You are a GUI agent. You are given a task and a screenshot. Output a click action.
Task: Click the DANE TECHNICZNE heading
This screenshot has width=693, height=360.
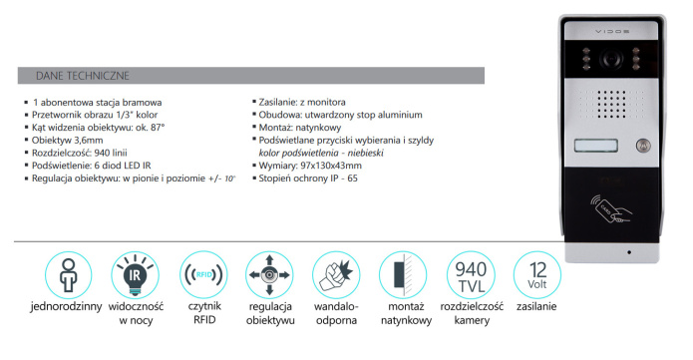coord(81,75)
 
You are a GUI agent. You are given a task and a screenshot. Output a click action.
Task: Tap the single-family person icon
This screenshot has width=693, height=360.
coord(68,274)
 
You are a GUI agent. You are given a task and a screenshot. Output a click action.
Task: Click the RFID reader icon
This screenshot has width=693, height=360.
coord(202,274)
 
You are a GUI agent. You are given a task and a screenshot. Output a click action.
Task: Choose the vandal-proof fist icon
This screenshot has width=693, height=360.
coord(336,274)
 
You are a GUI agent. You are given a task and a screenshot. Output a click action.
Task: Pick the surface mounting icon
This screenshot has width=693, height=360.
coord(404,274)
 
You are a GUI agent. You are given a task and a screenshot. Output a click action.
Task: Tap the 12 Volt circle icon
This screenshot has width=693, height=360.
coord(536,274)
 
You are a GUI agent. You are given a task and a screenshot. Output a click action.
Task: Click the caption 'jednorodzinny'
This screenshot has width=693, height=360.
coord(68,308)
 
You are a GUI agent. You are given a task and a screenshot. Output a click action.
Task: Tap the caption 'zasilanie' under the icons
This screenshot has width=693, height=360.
coord(536,308)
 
